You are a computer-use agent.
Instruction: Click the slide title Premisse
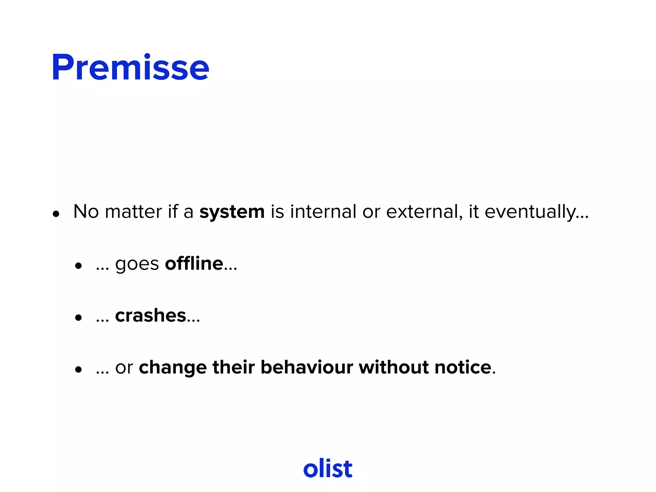130,68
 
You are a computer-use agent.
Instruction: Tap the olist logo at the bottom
328,468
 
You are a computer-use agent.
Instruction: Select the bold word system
232,212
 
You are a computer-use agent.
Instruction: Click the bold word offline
194,264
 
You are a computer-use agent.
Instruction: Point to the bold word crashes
151,316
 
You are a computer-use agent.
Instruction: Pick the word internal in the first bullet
323,212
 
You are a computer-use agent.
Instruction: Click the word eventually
530,212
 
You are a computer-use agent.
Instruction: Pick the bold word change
173,368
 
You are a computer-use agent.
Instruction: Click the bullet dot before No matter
56,214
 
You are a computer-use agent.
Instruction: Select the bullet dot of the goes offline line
78,266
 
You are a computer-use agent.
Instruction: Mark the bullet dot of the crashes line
78,318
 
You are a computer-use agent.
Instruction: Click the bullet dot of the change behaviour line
78,370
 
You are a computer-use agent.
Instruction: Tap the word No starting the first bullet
86,212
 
